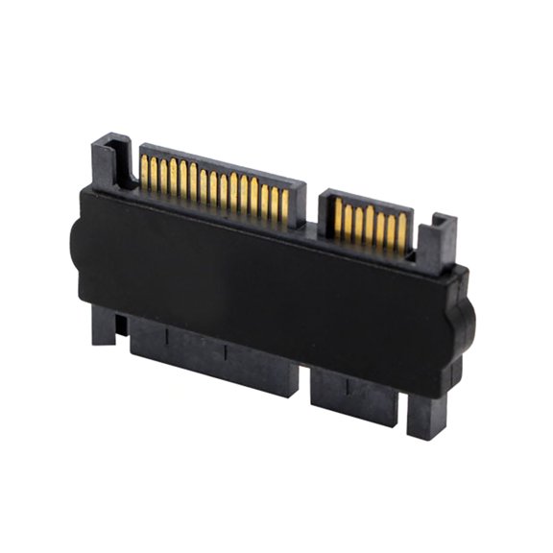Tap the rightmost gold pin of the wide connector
coord(284,204)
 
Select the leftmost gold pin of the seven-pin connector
coord(338,218)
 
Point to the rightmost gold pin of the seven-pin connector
coord(402,233)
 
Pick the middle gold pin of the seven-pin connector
coord(371,227)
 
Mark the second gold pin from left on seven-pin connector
coord(349,221)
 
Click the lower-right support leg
coord(424,413)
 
